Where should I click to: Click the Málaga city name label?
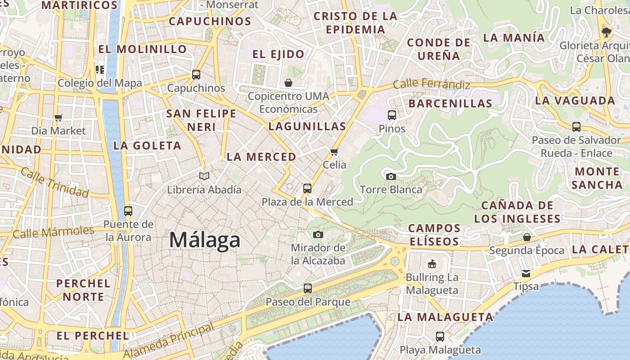205,240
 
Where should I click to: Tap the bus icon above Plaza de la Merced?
307,188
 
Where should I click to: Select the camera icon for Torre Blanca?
391,176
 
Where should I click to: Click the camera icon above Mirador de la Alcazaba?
318,234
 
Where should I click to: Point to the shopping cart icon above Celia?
334,152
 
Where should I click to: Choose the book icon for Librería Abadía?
204,176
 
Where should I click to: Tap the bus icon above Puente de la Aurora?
128,211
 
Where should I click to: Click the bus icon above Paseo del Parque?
308,288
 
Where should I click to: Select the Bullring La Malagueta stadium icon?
432,263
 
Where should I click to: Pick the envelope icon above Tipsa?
526,273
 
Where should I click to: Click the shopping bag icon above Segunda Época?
526,237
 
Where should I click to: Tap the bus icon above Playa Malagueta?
440,336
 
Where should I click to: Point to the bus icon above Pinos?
392,115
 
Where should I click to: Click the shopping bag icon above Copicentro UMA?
288,83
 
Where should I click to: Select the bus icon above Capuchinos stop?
196,74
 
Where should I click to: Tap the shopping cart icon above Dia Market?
58,117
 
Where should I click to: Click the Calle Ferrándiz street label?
431,84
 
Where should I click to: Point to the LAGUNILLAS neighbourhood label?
307,126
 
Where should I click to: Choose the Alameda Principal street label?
168,341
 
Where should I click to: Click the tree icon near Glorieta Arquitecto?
607,32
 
